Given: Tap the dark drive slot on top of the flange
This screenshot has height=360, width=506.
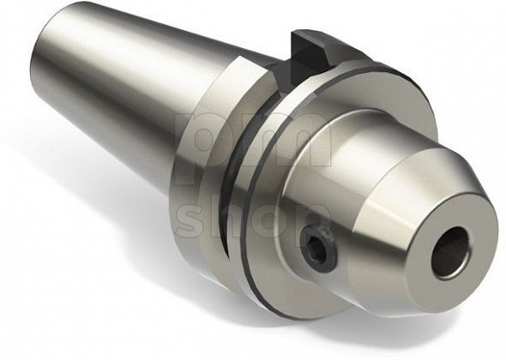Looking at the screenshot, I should point(311,46).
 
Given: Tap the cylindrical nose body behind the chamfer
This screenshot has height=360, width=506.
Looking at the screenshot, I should point(343,171).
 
